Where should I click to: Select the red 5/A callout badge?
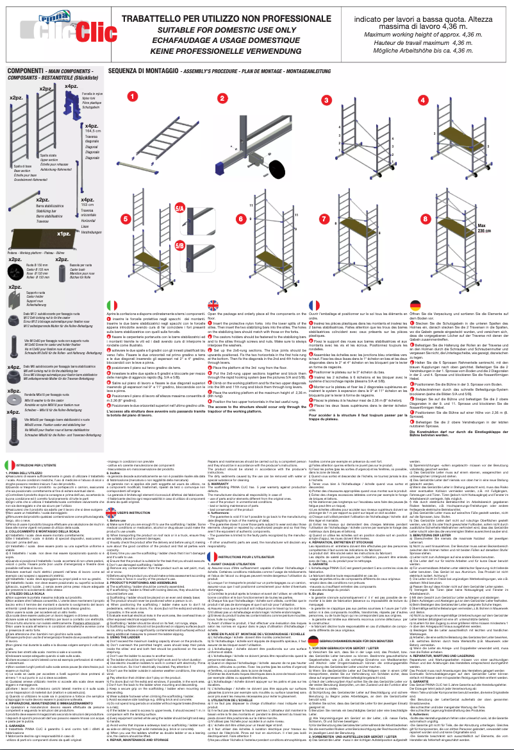pyautogui.click(x=180, y=209)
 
